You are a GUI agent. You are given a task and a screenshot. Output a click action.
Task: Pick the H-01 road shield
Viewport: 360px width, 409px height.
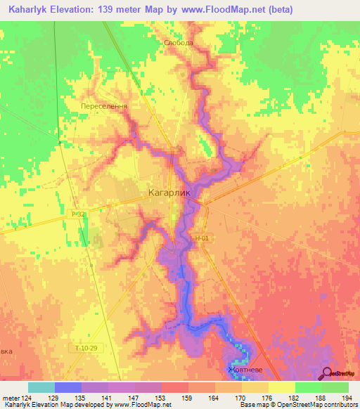202,239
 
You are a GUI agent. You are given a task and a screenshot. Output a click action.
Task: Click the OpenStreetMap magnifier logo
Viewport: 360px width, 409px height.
328,373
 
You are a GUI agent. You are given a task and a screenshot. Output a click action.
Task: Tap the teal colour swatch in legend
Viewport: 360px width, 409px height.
41,387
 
